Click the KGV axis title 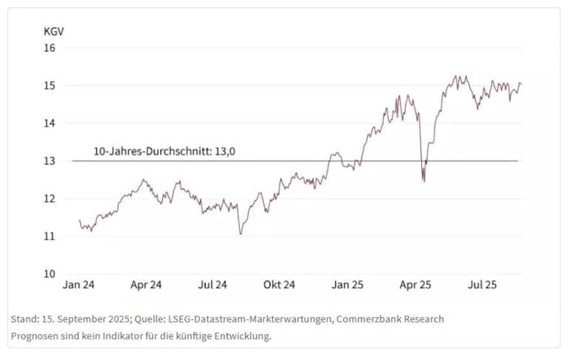click(53, 31)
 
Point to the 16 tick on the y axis click(50, 48)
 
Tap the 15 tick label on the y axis click(50, 86)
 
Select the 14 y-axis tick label click(50, 123)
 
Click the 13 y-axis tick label click(50, 161)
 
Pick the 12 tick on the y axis click(50, 199)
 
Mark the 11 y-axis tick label click(50, 236)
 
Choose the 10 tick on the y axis click(50, 274)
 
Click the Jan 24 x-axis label click(79, 285)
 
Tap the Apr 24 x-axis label click(146, 285)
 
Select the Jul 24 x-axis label click(213, 285)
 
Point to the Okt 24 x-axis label click(279, 285)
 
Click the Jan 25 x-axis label click(348, 285)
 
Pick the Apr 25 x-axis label click(415, 285)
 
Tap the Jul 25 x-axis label click(482, 285)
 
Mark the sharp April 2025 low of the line click(424, 181)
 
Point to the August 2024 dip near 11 click(240, 234)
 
